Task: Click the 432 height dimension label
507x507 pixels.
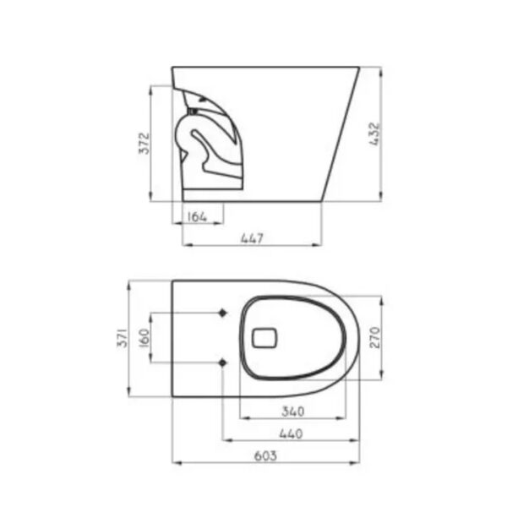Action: click(x=375, y=134)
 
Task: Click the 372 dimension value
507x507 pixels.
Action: click(x=144, y=144)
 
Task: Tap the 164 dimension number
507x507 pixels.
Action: click(x=197, y=216)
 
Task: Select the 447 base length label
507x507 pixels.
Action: click(x=253, y=238)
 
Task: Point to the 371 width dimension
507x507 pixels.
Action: click(x=123, y=337)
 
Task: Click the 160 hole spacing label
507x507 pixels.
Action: click(x=144, y=338)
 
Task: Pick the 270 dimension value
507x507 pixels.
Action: click(x=375, y=337)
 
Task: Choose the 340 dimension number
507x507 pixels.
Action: click(x=293, y=412)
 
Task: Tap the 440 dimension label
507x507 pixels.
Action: click(x=291, y=434)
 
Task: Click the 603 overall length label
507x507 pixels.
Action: click(x=265, y=456)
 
